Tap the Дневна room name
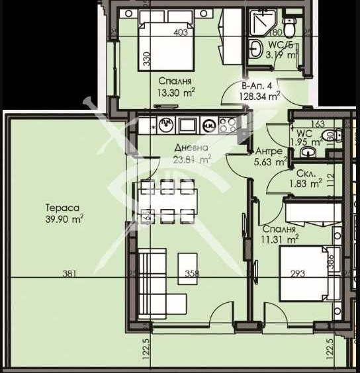click(x=191, y=147)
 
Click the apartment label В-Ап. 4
click(x=258, y=85)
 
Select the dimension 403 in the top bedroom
click(x=181, y=31)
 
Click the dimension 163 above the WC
click(x=318, y=123)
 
